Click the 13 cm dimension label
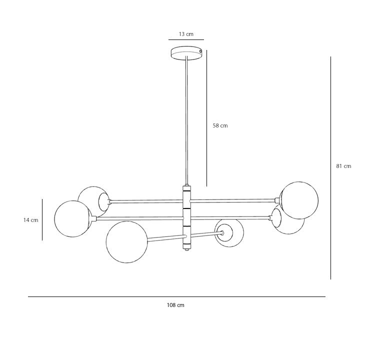tap(186, 34)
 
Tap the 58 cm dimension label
tap(220, 125)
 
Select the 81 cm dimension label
tap(343, 166)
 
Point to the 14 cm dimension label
tap(30, 220)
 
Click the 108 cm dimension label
tap(175, 305)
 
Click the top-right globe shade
tap(299, 200)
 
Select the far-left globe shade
tap(73, 219)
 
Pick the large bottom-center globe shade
tap(127, 242)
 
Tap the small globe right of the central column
tap(229, 233)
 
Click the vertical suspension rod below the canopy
tap(186, 120)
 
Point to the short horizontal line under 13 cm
tap(186, 40)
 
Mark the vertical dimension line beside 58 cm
tap(206, 118)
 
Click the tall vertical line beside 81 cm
tap(330, 168)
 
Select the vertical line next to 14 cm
tap(42, 219)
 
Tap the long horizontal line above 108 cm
tap(176, 296)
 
